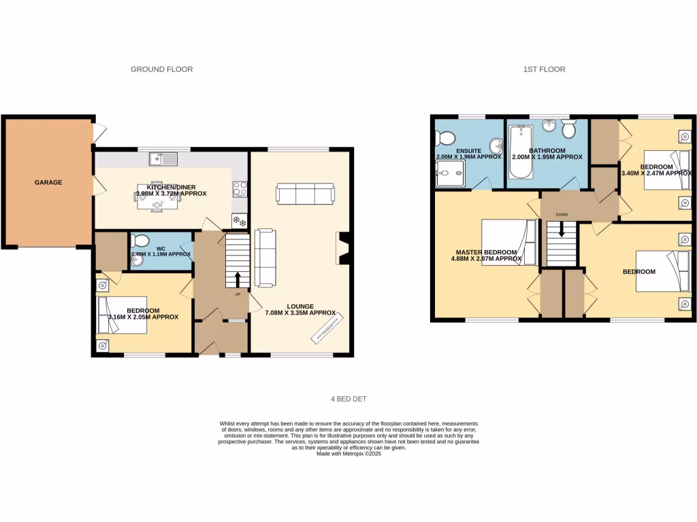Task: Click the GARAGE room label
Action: (x=48, y=182)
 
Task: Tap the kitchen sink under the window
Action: (x=164, y=159)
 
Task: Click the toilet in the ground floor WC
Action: (x=140, y=241)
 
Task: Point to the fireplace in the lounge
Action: (x=344, y=247)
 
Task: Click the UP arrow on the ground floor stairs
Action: (x=238, y=279)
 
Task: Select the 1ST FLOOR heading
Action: (x=543, y=69)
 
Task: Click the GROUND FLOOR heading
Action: (x=161, y=69)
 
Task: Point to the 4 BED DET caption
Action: (x=348, y=399)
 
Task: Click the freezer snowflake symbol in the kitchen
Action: (x=240, y=220)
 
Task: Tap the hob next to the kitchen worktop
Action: (x=240, y=188)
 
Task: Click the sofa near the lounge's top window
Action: (x=305, y=194)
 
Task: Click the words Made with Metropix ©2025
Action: (x=348, y=453)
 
